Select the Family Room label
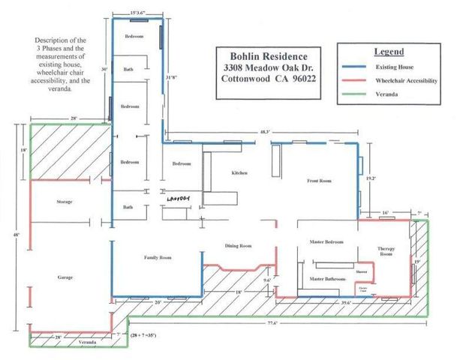click(x=158, y=257)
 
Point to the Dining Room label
click(x=238, y=245)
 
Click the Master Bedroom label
click(x=327, y=241)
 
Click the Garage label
click(x=65, y=277)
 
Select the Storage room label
click(x=64, y=202)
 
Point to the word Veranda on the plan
click(x=88, y=341)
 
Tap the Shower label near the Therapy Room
click(x=360, y=272)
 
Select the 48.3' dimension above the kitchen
click(x=264, y=132)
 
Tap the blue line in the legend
click(x=358, y=67)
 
